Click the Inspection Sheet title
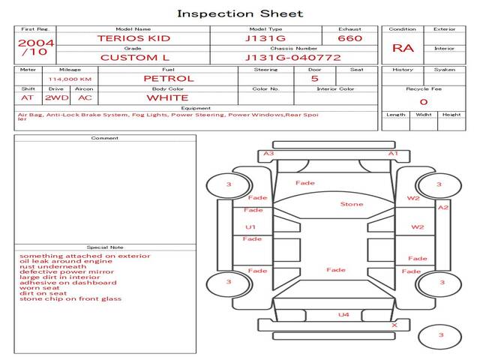[240, 13]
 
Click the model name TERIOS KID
[133, 38]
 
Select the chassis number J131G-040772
[293, 58]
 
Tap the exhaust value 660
[349, 38]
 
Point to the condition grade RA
[402, 48]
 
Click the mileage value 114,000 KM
[70, 79]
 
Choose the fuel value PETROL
[169, 78]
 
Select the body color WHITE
[167, 97]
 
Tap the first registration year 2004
[36, 43]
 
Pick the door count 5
[314, 78]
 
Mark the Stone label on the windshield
[351, 204]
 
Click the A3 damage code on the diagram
[268, 154]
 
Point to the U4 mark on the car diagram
[343, 315]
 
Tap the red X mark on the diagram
[394, 325]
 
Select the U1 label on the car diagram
[250, 226]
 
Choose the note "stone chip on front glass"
[70, 299]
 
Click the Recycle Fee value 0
[423, 101]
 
